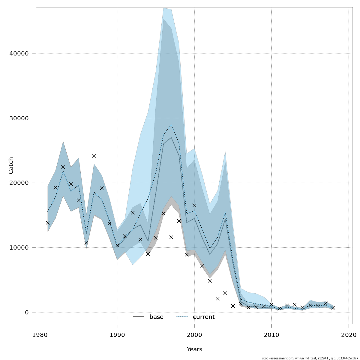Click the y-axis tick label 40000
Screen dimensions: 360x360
[x=18, y=53]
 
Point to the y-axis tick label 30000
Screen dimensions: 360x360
[x=18, y=118]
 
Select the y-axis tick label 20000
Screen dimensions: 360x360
[x=18, y=183]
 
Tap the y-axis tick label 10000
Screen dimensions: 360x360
[x=18, y=248]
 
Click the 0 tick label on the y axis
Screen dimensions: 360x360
[x=26, y=312]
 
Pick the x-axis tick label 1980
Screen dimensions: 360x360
[x=40, y=334]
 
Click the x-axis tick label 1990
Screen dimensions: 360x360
[x=117, y=334]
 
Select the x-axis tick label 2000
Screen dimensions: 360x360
[x=194, y=334]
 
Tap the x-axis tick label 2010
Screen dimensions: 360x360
[x=271, y=334]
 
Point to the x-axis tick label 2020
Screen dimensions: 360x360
[x=349, y=334]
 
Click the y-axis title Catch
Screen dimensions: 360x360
[x=11, y=165]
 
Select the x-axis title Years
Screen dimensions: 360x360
[x=194, y=349]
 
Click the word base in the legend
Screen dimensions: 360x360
[x=156, y=317]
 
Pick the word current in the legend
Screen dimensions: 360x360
[x=204, y=317]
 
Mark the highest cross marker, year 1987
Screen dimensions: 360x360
[x=94, y=156]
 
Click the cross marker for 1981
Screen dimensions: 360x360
[x=48, y=223]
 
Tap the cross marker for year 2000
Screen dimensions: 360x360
[x=194, y=205]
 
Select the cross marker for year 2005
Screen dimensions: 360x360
[x=233, y=306]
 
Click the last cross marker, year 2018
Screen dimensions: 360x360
[x=333, y=308]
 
